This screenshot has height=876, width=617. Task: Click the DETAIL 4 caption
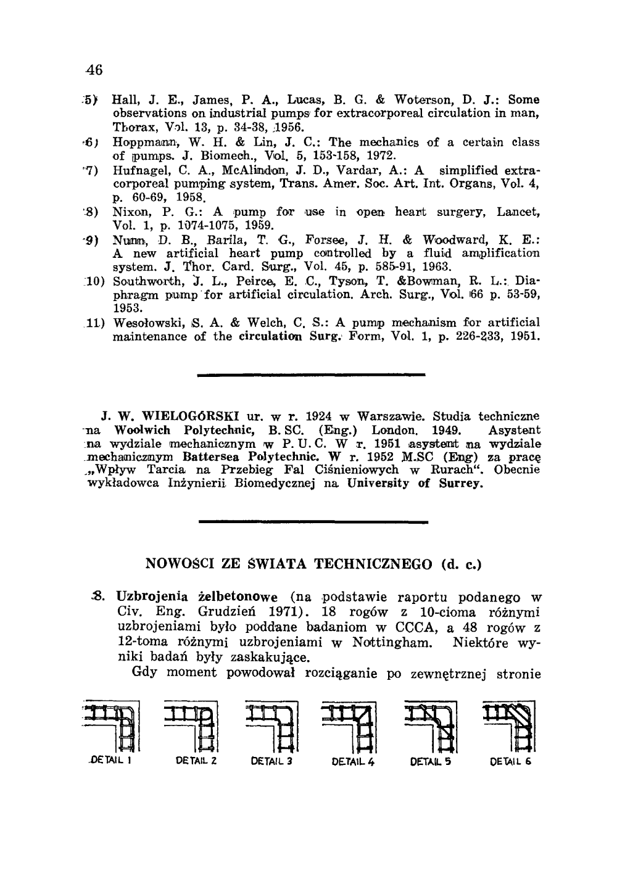[x=353, y=761]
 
